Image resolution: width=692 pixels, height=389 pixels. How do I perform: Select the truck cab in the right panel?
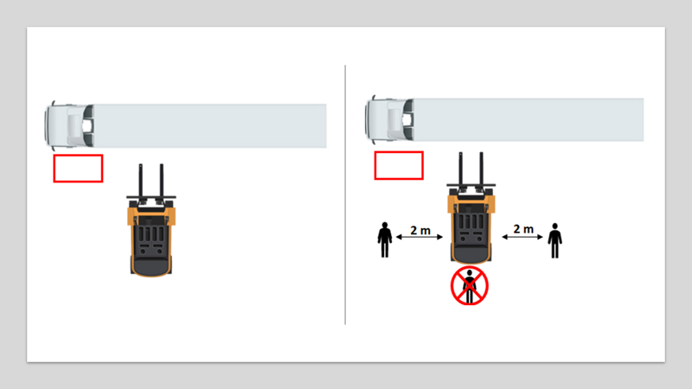[x=388, y=119]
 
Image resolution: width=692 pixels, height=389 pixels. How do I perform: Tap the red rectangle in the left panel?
[x=78, y=169]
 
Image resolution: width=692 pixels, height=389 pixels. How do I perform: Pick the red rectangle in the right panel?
[x=398, y=165]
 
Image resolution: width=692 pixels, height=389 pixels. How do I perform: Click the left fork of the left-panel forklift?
[x=140, y=182]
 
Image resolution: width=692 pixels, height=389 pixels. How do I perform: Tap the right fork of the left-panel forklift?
[x=161, y=182]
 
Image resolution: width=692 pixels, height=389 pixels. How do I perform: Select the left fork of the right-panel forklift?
[x=460, y=171]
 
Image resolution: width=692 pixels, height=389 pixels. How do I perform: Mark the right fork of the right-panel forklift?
[x=481, y=171]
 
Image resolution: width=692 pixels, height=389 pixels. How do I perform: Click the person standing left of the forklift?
[x=385, y=239]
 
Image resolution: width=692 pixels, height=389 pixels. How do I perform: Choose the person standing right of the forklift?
[x=554, y=240]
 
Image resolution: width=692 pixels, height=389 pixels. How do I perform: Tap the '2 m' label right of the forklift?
[x=522, y=229]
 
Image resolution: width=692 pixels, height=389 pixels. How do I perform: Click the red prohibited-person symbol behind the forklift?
[x=470, y=286]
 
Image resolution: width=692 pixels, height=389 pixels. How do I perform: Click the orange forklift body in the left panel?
[x=151, y=238]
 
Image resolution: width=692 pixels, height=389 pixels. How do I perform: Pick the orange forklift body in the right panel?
[x=471, y=226]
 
